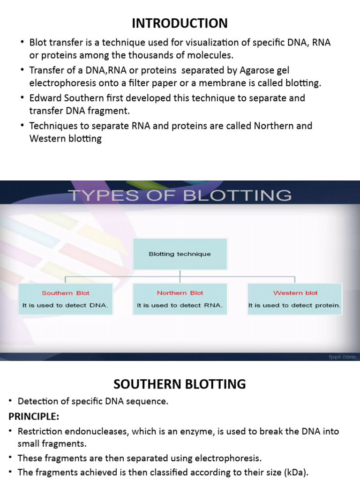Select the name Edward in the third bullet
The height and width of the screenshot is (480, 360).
(x=45, y=98)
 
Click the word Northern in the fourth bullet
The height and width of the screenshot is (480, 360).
(x=270, y=126)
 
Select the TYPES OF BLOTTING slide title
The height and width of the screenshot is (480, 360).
(x=180, y=195)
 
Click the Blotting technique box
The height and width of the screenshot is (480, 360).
(x=180, y=254)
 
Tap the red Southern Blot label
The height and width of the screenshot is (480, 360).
(x=65, y=293)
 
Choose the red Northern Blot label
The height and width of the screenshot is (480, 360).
(x=180, y=293)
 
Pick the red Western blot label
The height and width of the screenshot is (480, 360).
(x=295, y=293)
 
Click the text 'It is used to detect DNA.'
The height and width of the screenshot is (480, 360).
(x=65, y=305)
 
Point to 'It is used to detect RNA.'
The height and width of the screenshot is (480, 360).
(x=180, y=305)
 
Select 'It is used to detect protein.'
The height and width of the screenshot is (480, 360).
(x=295, y=305)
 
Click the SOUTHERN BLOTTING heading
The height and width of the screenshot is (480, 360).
(x=180, y=384)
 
